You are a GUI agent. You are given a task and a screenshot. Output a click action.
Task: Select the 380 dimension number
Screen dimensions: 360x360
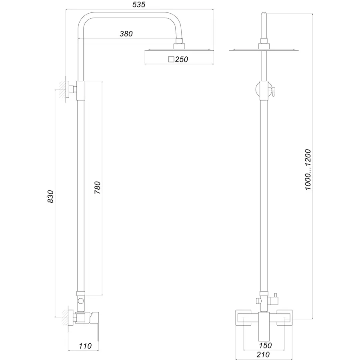[126, 34]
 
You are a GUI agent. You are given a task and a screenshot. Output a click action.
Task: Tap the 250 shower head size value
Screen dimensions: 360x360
[181, 60]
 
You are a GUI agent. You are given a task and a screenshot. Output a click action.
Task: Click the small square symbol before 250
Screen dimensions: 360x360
[171, 60]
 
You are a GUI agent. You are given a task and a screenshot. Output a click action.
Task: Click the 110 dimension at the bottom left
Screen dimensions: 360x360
[86, 346]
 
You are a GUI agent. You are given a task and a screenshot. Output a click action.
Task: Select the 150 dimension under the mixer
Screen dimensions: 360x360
[266, 346]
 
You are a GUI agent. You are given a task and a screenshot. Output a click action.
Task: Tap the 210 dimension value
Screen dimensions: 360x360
[263, 354]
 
